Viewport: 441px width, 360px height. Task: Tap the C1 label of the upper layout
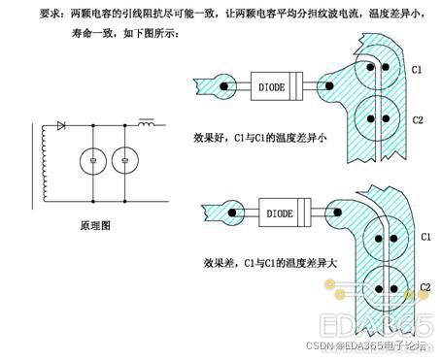(417, 71)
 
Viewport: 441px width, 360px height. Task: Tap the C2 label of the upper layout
(417, 119)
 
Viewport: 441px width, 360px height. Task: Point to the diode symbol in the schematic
(62, 125)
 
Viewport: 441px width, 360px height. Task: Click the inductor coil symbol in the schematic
(149, 125)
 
